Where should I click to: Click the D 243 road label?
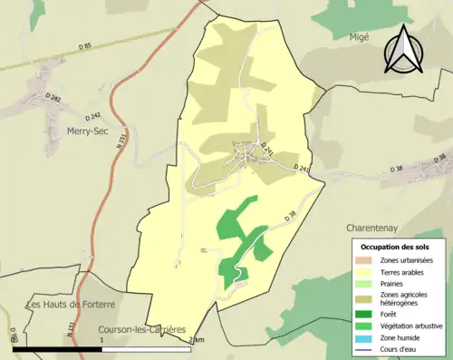(x=302, y=169)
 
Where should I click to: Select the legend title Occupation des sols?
(x=396, y=247)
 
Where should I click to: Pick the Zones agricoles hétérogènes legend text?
(x=404, y=299)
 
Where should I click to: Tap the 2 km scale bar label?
(x=198, y=339)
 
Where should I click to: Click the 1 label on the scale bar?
(x=101, y=339)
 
